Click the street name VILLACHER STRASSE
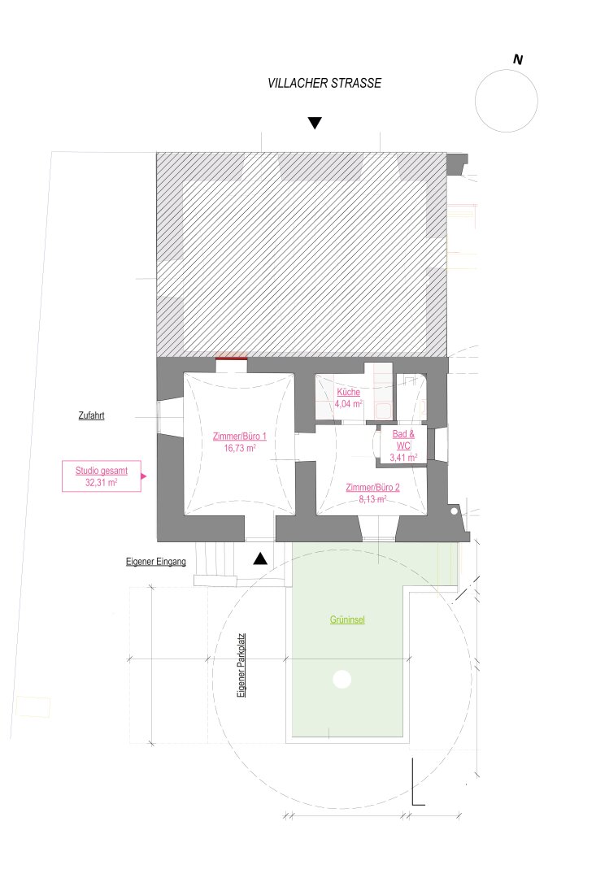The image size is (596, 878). (324, 83)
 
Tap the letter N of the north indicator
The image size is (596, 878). (518, 59)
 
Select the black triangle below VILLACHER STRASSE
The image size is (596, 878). (315, 123)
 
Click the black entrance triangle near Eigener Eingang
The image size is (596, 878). (260, 559)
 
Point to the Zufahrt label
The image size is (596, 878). (91, 415)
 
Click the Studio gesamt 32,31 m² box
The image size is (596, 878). (102, 476)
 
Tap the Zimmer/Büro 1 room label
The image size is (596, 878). (240, 437)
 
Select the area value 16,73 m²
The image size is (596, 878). (240, 448)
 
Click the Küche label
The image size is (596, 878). (349, 392)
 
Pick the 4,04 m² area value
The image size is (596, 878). (349, 404)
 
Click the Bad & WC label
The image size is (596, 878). (403, 440)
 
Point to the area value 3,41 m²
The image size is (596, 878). (403, 458)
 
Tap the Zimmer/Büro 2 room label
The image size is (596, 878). (372, 487)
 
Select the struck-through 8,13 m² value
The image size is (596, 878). (372, 499)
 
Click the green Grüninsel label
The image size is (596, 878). (347, 619)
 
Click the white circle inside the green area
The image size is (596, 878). (342, 679)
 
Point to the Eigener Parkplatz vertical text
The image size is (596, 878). (241, 665)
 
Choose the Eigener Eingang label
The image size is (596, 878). (156, 562)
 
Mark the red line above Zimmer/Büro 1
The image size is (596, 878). (232, 358)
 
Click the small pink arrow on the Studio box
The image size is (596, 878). (143, 476)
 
